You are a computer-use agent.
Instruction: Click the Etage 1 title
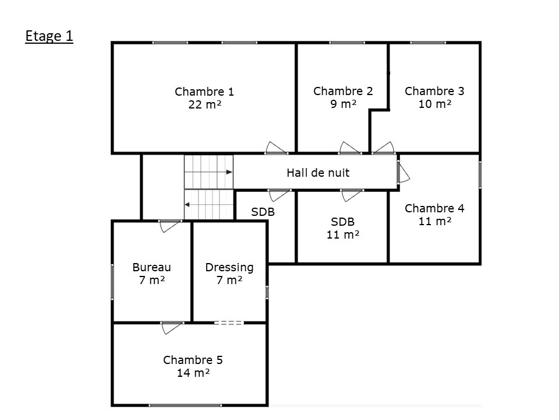coord(49,36)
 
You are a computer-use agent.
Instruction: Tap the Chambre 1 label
coord(204,92)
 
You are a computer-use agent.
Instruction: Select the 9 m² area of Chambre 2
coord(344,104)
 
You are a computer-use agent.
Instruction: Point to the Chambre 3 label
coord(434,91)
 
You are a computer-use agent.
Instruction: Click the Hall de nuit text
coord(318,173)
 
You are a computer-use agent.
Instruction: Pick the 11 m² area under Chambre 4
coord(435,222)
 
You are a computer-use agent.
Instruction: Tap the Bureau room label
coord(151,267)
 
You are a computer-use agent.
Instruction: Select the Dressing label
coord(229,268)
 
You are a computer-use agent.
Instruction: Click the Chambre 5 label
coord(193,360)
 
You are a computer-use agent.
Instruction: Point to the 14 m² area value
coord(193,373)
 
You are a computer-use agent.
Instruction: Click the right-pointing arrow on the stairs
coord(208,172)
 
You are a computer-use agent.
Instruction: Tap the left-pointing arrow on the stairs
coord(208,205)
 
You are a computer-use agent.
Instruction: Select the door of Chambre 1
coord(276,148)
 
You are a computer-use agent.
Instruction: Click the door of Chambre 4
coord(403,172)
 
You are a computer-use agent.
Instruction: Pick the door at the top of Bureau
coord(170,226)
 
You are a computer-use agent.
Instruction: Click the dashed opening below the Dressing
coord(229,323)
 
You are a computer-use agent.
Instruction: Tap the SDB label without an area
coord(263,212)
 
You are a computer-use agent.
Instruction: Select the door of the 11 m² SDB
coord(352,195)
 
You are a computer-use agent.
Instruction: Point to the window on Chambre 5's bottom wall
coord(185,405)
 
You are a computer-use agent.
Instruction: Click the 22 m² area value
coord(205,104)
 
